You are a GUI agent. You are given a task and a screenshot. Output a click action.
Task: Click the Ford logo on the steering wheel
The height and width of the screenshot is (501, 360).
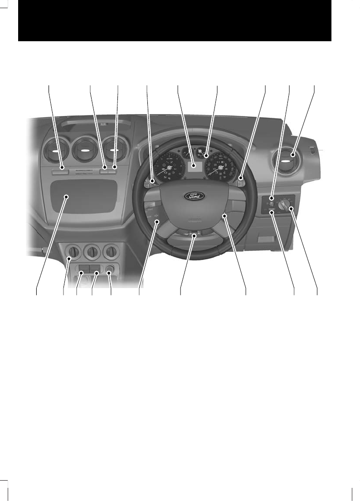click(194, 196)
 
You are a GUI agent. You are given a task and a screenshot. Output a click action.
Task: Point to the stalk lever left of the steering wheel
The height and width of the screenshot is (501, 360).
click(150, 182)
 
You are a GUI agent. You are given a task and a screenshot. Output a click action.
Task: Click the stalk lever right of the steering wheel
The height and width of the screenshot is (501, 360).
click(240, 182)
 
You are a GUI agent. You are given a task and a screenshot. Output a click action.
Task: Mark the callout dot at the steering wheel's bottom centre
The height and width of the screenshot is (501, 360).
click(194, 235)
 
